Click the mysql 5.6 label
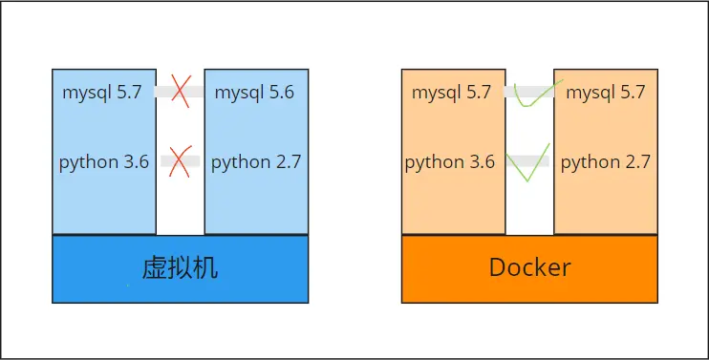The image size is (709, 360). point(254,93)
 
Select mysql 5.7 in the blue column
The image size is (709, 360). point(102,93)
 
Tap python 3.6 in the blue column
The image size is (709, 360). point(104,161)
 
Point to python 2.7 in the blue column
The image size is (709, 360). point(256,161)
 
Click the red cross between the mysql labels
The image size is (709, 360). point(180,92)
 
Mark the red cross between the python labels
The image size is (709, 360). point(180,160)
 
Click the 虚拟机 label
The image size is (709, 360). point(180,267)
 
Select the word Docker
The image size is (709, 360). point(529,267)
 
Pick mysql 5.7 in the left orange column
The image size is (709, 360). point(452,93)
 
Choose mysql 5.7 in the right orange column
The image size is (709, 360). point(606,93)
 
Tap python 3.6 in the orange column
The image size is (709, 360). point(450,161)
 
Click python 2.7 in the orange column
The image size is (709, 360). point(606,161)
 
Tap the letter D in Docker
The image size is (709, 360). point(498,267)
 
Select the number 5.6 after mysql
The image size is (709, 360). point(281,93)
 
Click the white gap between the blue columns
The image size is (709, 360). point(180,210)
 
